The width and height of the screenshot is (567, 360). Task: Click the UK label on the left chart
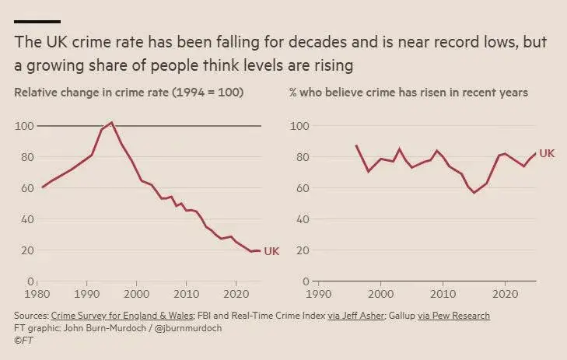(x=271, y=251)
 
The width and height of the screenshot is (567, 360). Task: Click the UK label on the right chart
(x=547, y=154)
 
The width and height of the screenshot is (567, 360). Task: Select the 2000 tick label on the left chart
(x=136, y=295)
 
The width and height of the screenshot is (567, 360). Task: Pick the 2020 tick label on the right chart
(x=506, y=295)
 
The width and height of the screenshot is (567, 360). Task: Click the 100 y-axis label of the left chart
(x=23, y=126)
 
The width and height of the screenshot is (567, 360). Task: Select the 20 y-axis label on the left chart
(x=26, y=250)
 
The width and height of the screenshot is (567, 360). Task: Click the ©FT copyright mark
(x=24, y=340)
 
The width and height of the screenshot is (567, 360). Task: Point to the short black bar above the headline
(x=37, y=21)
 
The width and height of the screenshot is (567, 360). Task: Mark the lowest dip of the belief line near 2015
(x=474, y=192)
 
